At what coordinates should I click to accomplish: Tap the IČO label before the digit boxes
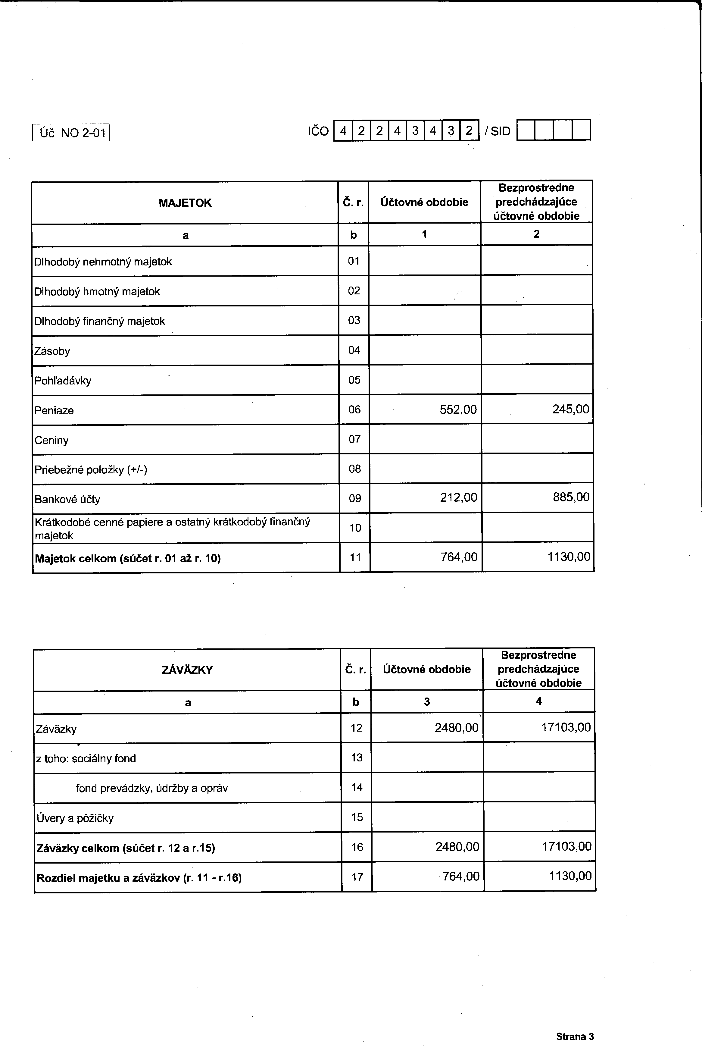coord(318,131)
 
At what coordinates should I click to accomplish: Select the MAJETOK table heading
coord(185,203)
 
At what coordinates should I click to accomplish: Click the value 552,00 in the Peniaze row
coord(458,409)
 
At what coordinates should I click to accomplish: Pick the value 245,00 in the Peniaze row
coord(570,409)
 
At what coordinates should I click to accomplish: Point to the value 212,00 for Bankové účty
coord(458,497)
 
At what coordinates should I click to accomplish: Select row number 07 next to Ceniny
coord(354,439)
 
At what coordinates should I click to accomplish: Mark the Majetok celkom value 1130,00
coord(569,557)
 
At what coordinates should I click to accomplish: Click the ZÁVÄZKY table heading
coord(187,670)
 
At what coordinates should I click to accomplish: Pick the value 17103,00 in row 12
coord(566,727)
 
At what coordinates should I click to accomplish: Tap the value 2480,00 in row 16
coord(457,846)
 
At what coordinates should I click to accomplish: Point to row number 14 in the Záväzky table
coord(357,787)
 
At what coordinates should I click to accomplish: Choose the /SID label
coord(498,131)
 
